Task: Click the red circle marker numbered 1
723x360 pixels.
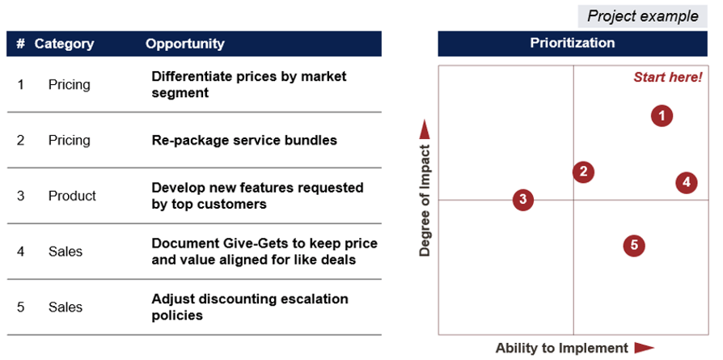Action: [x=662, y=116]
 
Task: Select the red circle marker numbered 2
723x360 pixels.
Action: [x=583, y=172]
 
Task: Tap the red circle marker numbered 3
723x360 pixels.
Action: [x=523, y=200]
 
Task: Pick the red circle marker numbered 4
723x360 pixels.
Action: [x=686, y=182]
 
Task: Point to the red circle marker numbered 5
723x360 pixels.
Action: [x=634, y=245]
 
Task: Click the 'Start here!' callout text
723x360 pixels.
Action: [x=667, y=78]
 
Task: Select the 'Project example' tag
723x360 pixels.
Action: [x=643, y=16]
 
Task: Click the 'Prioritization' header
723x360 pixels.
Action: [x=572, y=44]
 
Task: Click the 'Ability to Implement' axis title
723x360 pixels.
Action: [x=561, y=348]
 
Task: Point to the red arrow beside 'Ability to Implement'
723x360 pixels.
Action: [x=644, y=348]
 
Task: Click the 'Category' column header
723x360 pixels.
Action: [x=64, y=44]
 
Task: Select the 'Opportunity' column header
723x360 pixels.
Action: [x=184, y=44]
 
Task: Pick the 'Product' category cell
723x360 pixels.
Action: [x=72, y=196]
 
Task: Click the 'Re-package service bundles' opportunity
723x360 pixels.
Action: [x=244, y=140]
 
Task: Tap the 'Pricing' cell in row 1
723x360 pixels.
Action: [x=69, y=84]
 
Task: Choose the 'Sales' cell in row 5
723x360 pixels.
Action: [x=66, y=307]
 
